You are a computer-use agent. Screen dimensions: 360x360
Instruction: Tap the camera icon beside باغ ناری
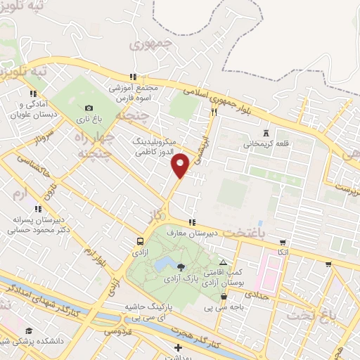[x=89, y=108]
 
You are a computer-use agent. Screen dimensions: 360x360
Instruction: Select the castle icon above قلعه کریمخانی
[x=266, y=133]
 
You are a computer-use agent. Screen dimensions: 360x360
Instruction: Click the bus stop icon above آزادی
[x=140, y=241]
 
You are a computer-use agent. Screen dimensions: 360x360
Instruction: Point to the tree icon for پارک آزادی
[x=181, y=266]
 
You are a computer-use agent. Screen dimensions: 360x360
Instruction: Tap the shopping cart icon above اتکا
[x=283, y=242]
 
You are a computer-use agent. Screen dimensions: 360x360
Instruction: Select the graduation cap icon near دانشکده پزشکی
[x=29, y=331]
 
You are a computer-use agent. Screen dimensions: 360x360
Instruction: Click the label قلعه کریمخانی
[x=266, y=145]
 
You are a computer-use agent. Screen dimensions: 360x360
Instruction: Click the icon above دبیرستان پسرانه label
[x=38, y=208]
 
